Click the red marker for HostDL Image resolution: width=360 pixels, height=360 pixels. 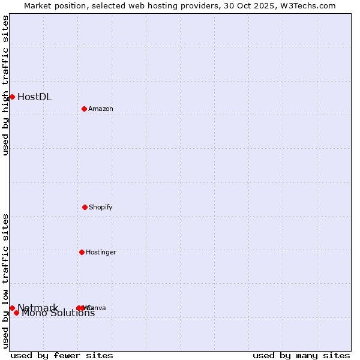pyautogui.click(x=12, y=97)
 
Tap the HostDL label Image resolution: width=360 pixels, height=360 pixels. pyautogui.click(x=34, y=97)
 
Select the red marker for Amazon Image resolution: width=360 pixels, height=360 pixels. pyautogui.click(x=84, y=109)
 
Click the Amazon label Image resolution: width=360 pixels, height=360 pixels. pyautogui.click(x=100, y=109)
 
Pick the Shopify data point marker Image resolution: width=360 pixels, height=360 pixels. pyautogui.click(x=85, y=207)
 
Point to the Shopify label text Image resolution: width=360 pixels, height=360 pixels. pyautogui.click(x=100, y=207)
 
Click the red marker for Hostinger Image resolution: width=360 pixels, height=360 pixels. pyautogui.click(x=82, y=252)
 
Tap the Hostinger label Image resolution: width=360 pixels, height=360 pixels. pyautogui.click(x=101, y=252)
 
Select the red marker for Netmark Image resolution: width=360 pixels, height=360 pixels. pyautogui.click(x=12, y=308)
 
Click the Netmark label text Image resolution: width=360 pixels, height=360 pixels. pyautogui.click(x=38, y=308)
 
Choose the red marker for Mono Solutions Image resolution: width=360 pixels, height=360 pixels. pyautogui.click(x=17, y=313)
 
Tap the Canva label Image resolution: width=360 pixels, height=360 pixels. pyautogui.click(x=97, y=308)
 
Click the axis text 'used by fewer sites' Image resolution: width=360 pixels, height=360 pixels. pyautogui.click(x=62, y=355)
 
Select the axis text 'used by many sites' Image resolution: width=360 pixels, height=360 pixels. pyautogui.click(x=301, y=355)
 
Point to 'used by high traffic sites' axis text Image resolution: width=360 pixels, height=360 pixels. pyautogui.click(x=5, y=85)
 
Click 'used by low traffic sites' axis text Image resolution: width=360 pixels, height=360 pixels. pyautogui.click(x=5, y=281)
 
